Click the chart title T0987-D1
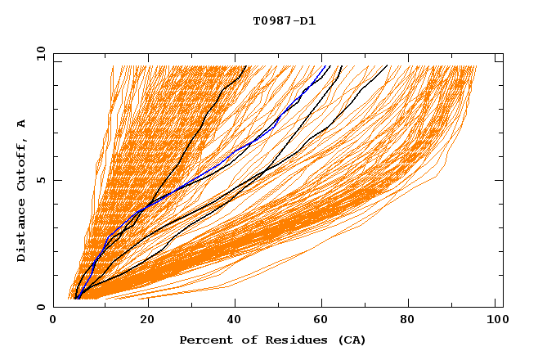(284, 21)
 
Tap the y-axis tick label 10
(40, 53)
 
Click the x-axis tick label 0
(53, 321)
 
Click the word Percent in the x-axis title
(204, 340)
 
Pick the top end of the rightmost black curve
(388, 65)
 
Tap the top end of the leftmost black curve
(245, 65)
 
